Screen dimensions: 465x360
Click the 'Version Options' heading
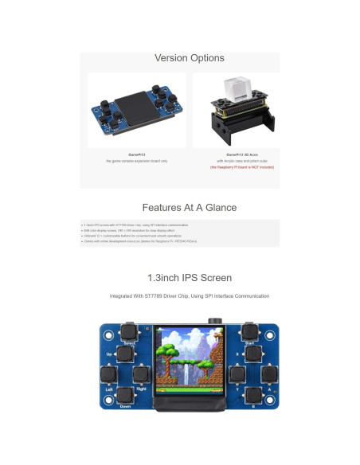(189, 58)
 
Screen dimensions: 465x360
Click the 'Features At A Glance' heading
(189, 207)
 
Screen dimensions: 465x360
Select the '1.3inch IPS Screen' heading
(189, 278)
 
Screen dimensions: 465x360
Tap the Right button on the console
(140, 373)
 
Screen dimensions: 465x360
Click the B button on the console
(253, 394)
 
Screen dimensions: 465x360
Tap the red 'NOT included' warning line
(236, 168)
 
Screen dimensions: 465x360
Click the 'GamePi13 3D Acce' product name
(236, 154)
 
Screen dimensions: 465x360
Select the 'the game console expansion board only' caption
(137, 161)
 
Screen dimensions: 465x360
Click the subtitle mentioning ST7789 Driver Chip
(189, 296)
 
